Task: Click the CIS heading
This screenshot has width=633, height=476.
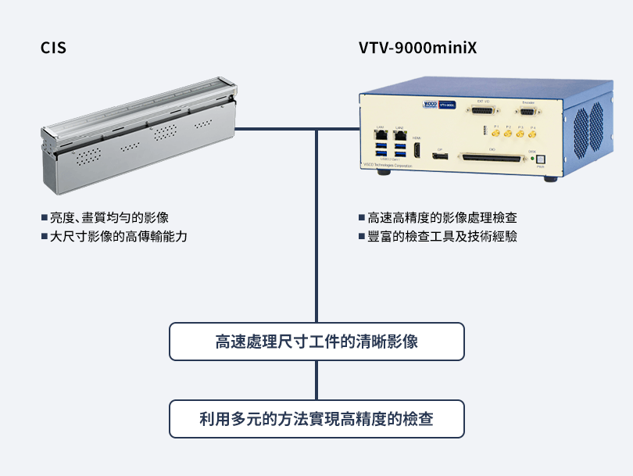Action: click(53, 48)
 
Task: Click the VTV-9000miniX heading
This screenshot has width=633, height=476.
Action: click(417, 48)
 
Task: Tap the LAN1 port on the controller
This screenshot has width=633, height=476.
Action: click(381, 133)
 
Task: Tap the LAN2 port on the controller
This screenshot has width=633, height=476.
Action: click(399, 133)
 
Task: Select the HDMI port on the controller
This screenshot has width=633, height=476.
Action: click(417, 149)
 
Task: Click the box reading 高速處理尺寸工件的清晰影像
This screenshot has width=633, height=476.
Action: click(316, 342)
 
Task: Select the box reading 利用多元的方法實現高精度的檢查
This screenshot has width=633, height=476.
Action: click(316, 419)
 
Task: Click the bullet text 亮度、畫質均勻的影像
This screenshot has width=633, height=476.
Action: click(109, 218)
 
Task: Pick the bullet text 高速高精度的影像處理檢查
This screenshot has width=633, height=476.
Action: click(442, 218)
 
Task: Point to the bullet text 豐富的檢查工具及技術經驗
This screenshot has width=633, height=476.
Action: click(442, 236)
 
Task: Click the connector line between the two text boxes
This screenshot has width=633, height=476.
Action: click(316, 381)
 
